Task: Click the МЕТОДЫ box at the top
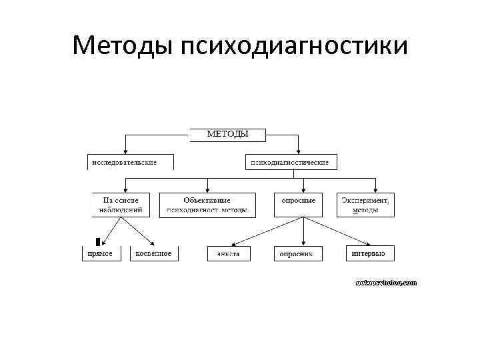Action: pos(227,134)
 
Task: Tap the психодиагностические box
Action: pos(289,162)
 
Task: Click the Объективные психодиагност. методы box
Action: pos(207,205)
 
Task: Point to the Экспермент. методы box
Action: pos(365,205)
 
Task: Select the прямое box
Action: pos(101,253)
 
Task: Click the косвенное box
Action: pos(153,253)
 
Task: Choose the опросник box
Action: pos(297,254)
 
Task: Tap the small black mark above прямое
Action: pos(98,241)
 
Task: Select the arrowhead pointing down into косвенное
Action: pos(153,243)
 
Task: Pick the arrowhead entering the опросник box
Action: pos(303,243)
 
